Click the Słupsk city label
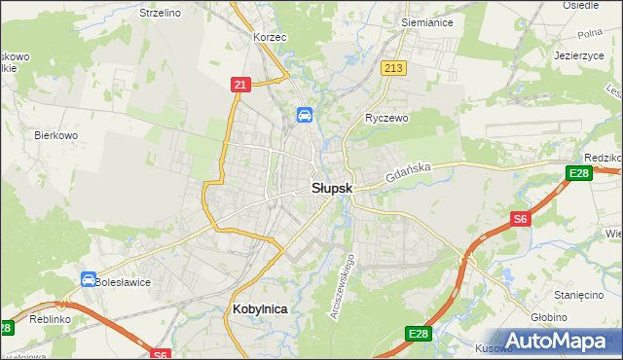(x=331, y=188)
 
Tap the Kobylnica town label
(x=261, y=308)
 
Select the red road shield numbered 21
(x=239, y=86)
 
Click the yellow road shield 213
(x=393, y=68)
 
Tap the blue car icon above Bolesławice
(x=89, y=279)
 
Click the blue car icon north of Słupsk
(x=305, y=116)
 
